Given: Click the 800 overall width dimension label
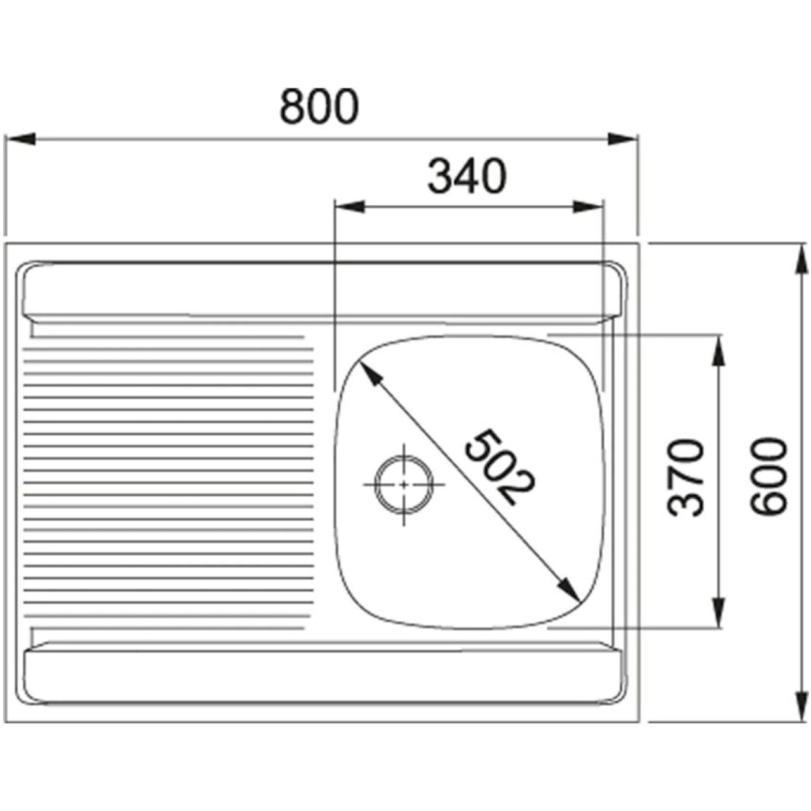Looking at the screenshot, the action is click(319, 106).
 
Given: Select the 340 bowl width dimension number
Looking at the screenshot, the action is click(467, 176).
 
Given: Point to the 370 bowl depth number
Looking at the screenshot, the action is click(686, 477).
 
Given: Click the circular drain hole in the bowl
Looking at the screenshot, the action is click(404, 484).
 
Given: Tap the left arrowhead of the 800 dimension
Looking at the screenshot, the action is click(20, 139).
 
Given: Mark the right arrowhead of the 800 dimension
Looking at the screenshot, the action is click(622, 139).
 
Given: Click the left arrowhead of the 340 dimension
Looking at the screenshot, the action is click(349, 207).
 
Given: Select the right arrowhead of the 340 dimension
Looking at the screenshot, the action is click(588, 207).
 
